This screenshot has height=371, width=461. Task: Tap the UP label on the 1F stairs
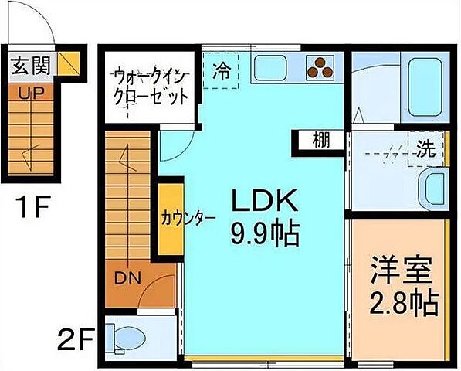pyautogui.click(x=21, y=91)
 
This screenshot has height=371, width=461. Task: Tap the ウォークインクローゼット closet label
pyautogui.click(x=151, y=87)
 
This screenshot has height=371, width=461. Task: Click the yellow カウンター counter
pyautogui.click(x=171, y=218)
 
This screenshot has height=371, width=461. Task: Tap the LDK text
pyautogui.click(x=265, y=201)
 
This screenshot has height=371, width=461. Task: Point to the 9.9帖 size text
pyautogui.click(x=265, y=233)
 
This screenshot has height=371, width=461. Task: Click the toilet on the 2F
pyautogui.click(x=127, y=337)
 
